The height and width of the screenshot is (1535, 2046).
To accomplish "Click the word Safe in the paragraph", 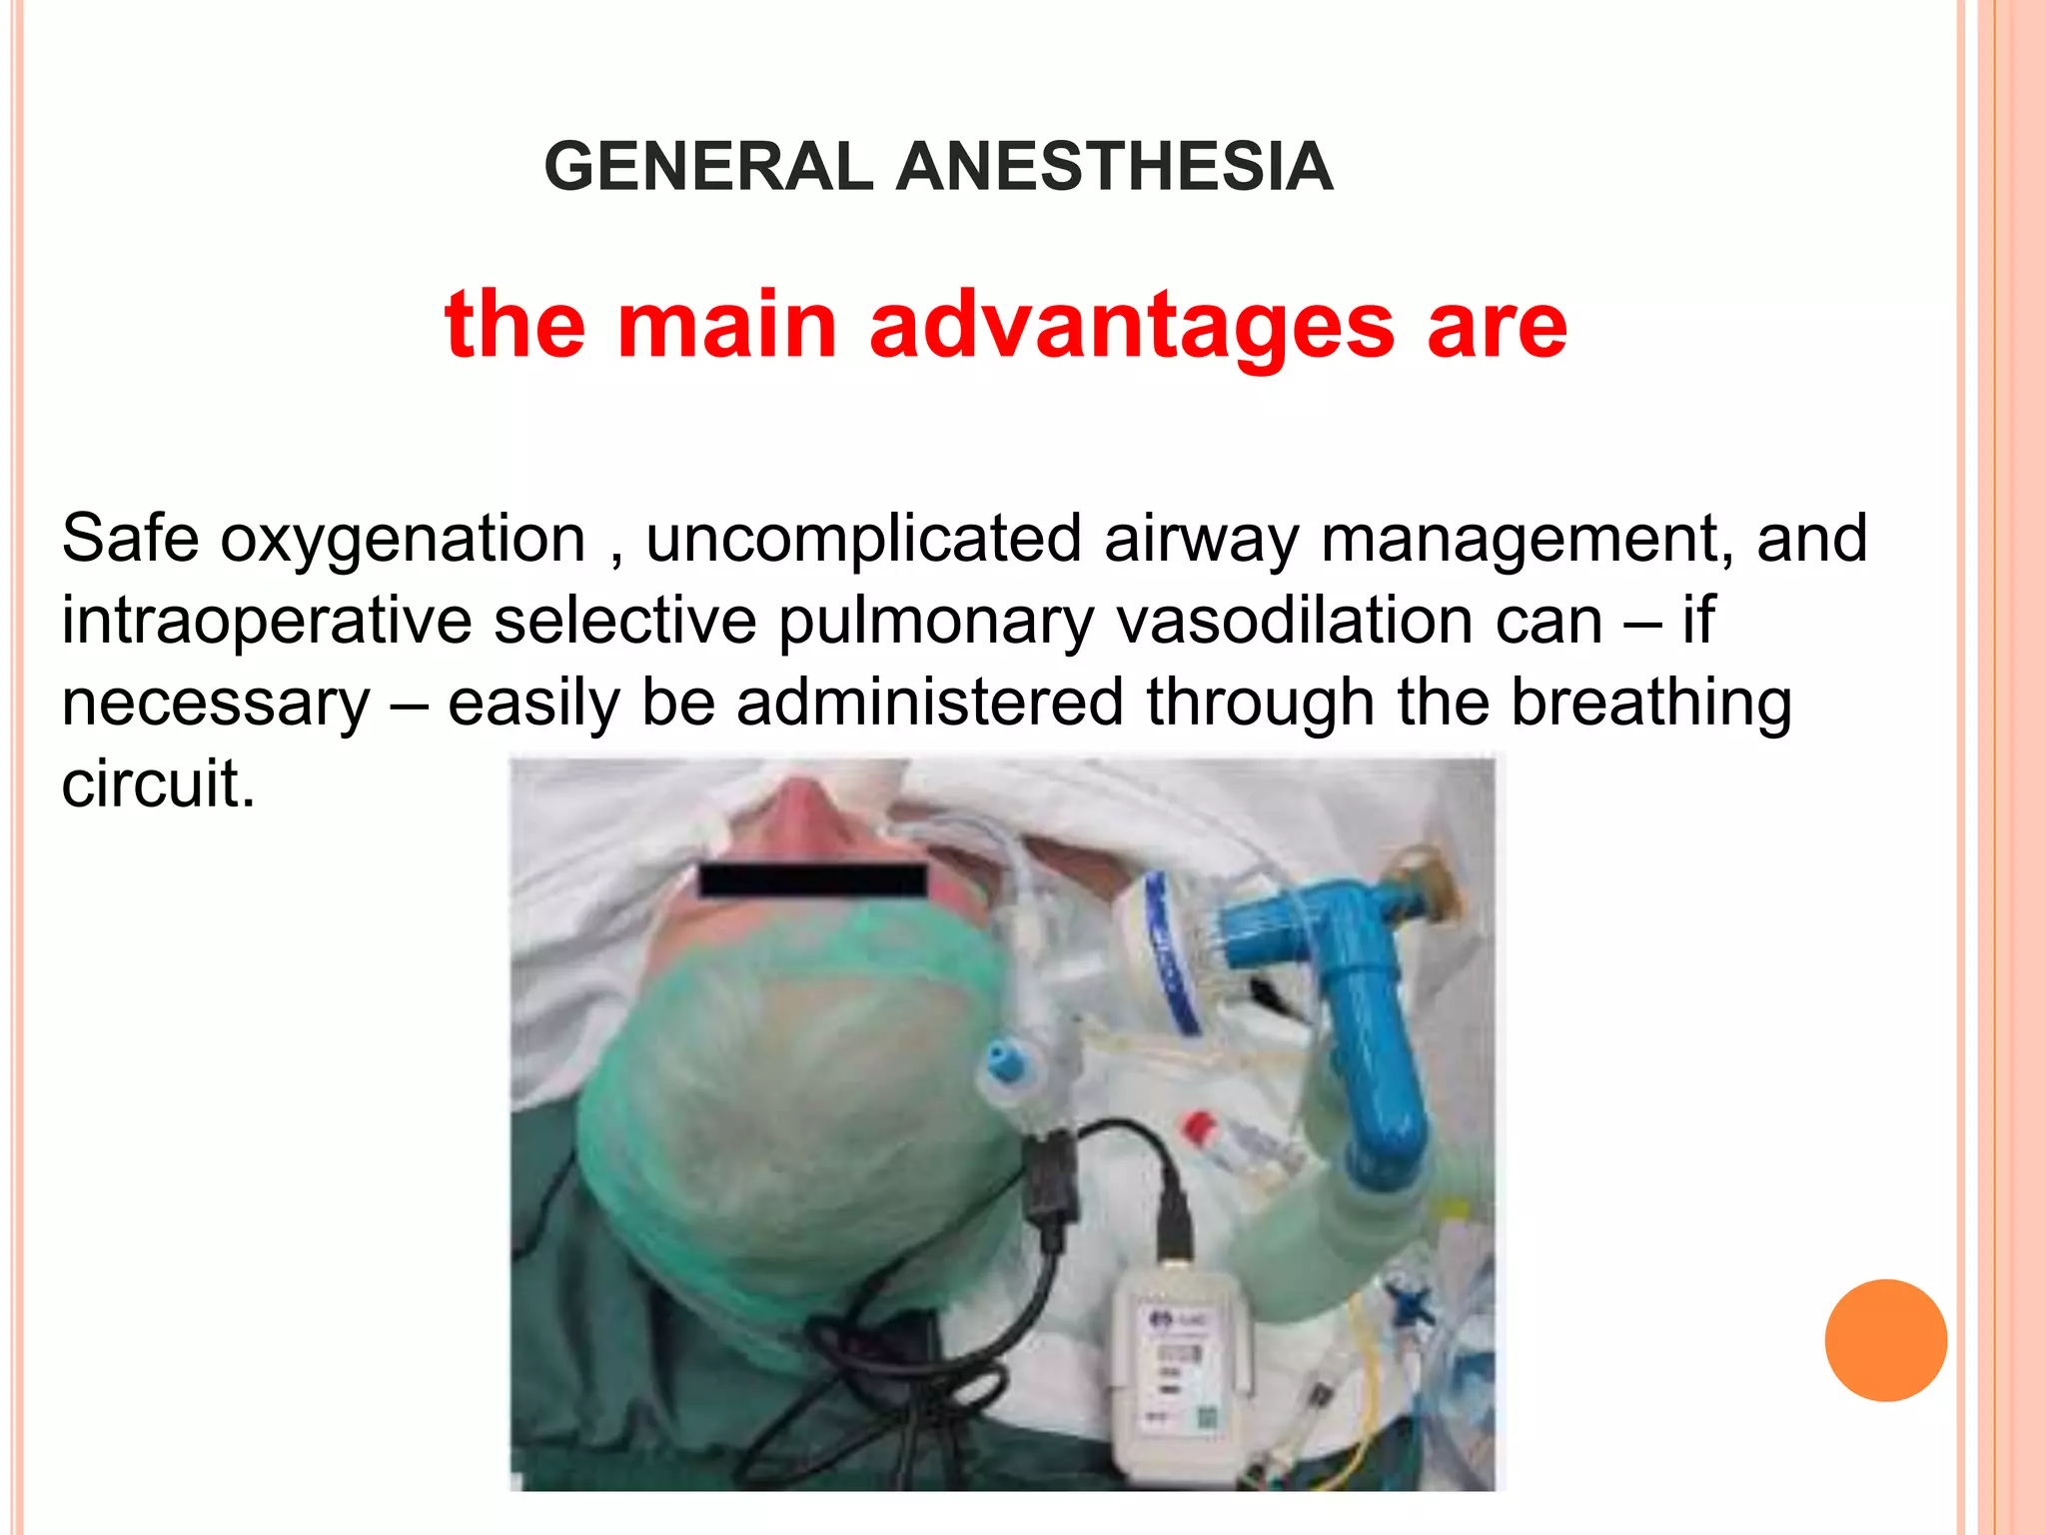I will pyautogui.click(x=130, y=539).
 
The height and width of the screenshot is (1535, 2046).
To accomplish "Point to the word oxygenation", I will pyautogui.click(x=403, y=541).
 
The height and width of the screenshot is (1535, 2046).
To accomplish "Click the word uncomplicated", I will pyautogui.click(x=863, y=541).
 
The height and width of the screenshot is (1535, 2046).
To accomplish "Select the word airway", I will pyautogui.click(x=1201, y=541).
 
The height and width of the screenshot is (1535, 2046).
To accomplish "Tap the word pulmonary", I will pyautogui.click(x=936, y=623).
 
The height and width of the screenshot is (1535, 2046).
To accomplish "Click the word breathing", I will pyautogui.click(x=1650, y=704).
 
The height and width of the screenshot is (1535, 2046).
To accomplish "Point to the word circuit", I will pyautogui.click(x=157, y=783).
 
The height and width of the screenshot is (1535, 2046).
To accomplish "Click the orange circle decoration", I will pyautogui.click(x=1885, y=1340).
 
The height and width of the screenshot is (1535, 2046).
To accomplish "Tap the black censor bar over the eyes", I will pyautogui.click(x=812, y=879).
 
